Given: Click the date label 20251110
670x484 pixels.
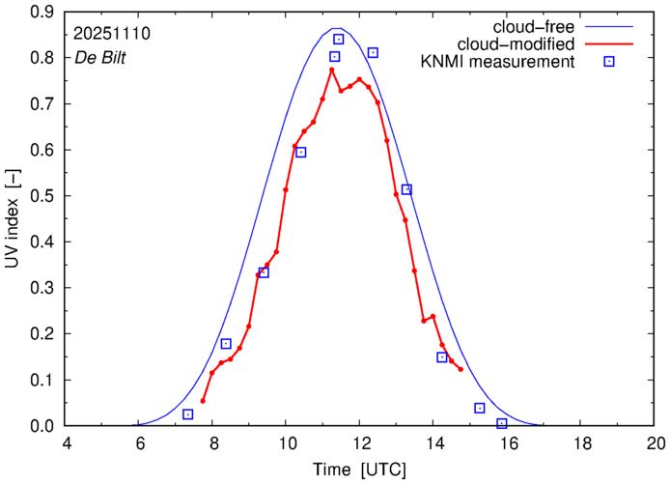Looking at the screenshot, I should pos(110,33).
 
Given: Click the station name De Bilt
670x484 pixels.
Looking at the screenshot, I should pos(100,57).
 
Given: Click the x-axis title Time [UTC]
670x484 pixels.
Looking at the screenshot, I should pos(359,470).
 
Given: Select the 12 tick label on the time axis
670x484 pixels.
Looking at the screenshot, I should pos(359,444).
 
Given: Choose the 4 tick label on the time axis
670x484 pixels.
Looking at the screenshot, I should pos(66,444).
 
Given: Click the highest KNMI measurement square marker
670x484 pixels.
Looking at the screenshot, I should pos(339,40).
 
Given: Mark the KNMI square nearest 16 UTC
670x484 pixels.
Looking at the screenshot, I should pos(501,423).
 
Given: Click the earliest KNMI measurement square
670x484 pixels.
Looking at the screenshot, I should pos(187,414).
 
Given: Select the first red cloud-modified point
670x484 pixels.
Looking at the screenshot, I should pos(203,401).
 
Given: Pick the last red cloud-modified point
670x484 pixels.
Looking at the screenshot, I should pos(461,369).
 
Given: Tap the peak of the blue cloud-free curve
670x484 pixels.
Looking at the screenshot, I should pos(335,29).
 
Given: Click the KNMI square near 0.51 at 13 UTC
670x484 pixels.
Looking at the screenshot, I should pos(406,189).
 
